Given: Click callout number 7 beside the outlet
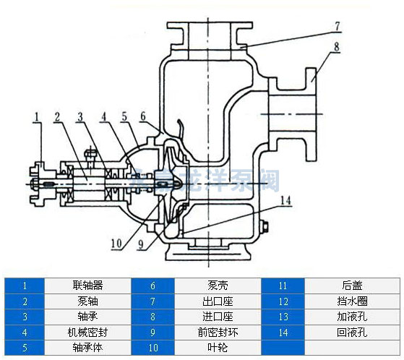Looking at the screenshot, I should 337,25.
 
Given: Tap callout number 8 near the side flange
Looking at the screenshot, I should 337,48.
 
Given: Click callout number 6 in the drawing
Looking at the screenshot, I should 143,116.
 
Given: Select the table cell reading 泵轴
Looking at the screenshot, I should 87,301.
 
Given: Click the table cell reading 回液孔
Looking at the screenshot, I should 352,333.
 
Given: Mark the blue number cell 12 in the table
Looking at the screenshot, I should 283,301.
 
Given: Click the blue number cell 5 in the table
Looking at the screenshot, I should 25,348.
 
